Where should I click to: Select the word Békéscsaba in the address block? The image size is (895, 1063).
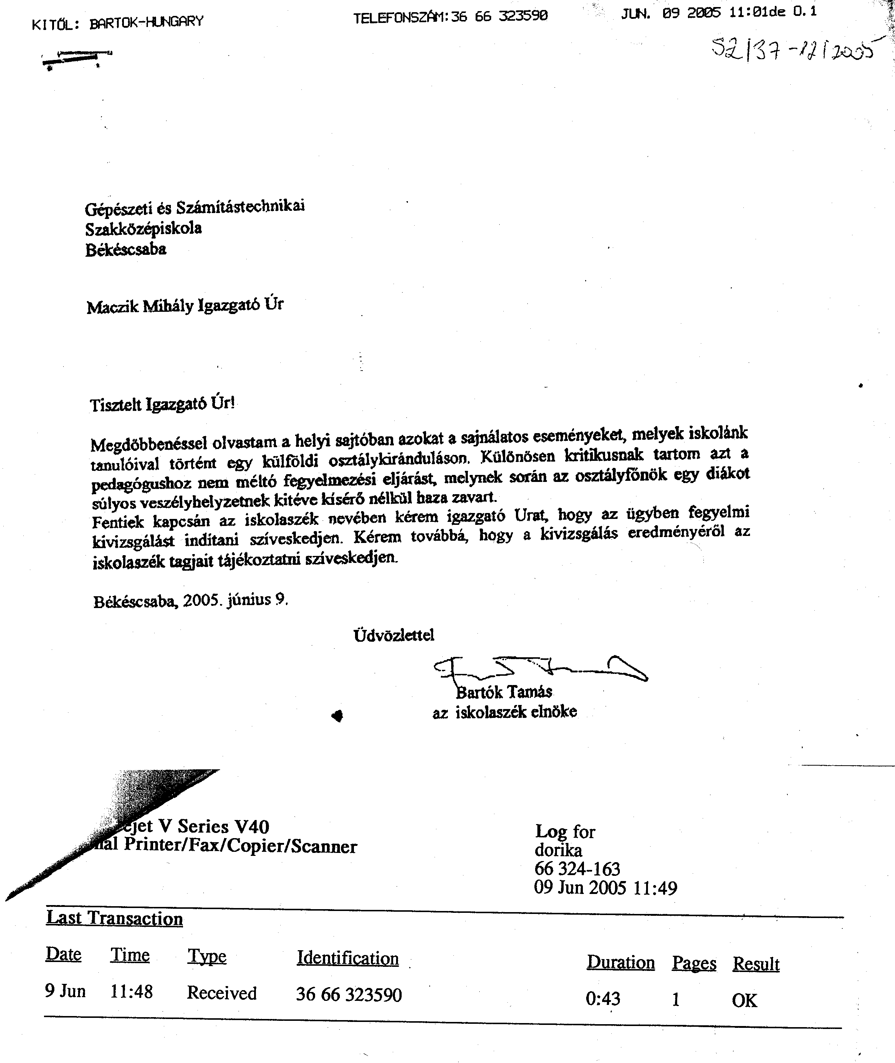pyautogui.click(x=125, y=250)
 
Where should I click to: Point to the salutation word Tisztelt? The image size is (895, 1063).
pyautogui.click(x=116, y=405)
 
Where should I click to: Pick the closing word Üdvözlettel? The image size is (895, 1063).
pyautogui.click(x=394, y=635)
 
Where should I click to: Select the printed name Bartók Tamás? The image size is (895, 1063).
pyautogui.click(x=504, y=692)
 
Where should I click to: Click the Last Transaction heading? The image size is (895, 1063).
pyautogui.click(x=115, y=918)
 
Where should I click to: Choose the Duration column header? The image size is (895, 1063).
pyautogui.click(x=621, y=962)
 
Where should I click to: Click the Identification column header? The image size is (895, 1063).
pyautogui.click(x=348, y=958)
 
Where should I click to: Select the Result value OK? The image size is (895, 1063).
pyautogui.click(x=744, y=1000)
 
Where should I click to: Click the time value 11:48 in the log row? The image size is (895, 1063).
pyautogui.click(x=131, y=991)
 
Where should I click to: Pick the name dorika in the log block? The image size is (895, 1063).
pyautogui.click(x=558, y=850)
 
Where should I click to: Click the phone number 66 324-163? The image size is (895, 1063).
pyautogui.click(x=577, y=869)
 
